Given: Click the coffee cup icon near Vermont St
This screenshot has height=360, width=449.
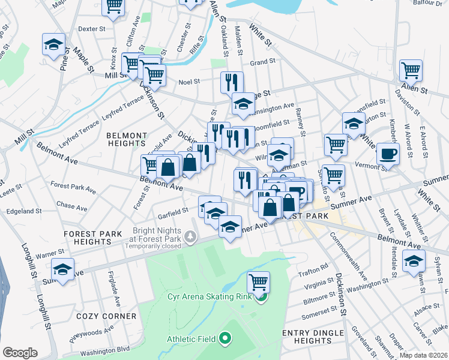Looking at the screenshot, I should click(x=388, y=153).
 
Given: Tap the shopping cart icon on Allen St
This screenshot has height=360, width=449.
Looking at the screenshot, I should click(x=411, y=70).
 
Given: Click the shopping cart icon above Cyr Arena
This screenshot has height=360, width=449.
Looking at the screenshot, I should click(x=258, y=281).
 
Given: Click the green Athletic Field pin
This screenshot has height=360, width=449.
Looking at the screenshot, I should click(x=225, y=339).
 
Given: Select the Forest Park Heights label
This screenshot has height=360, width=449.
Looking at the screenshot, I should click(x=96, y=237).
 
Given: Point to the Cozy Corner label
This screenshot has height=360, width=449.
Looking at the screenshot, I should click(x=106, y=316).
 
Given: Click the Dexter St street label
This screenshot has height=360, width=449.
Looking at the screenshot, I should click(x=92, y=28).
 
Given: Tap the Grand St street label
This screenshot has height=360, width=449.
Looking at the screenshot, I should click(x=262, y=61).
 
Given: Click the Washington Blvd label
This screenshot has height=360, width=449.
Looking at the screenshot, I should click(x=106, y=348).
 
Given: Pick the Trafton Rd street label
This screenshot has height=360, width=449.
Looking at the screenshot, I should click(x=316, y=266).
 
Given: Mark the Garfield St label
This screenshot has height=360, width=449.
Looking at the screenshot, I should click(x=173, y=212).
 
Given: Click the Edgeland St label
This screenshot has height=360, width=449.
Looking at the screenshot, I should click(x=23, y=211).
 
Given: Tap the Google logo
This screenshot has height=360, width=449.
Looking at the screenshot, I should click(x=20, y=352).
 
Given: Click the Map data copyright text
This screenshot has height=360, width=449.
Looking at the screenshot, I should click(x=423, y=355).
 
